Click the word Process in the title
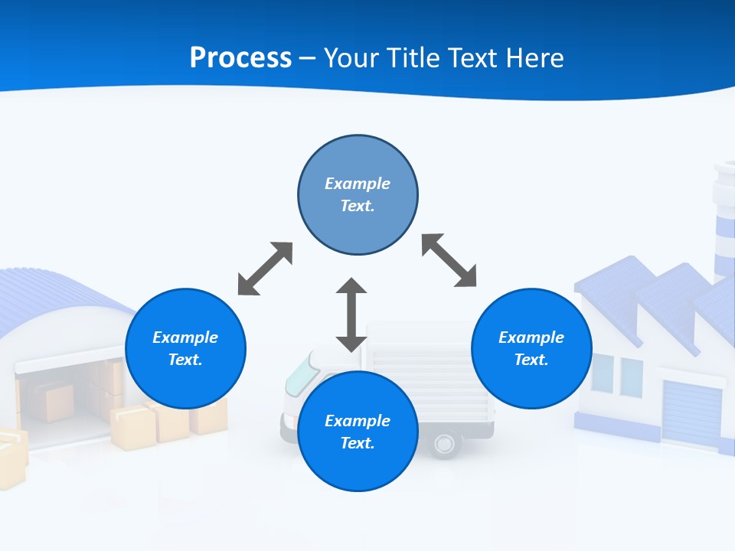tap(240, 57)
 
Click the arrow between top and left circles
tap(265, 269)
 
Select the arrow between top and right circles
tap(449, 260)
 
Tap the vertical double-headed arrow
tap(351, 315)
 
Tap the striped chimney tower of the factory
tap(724, 222)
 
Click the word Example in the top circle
tap(358, 184)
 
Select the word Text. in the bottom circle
tap(358, 443)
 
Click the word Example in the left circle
tap(185, 337)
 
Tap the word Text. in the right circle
tap(531, 360)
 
